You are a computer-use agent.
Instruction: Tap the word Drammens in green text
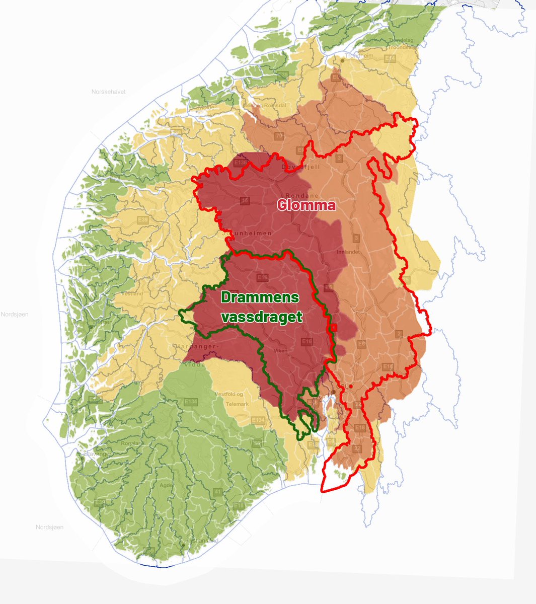260,297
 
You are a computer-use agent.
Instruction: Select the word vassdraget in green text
264,317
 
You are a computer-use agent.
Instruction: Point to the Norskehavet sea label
108,92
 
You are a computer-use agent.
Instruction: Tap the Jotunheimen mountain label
247,234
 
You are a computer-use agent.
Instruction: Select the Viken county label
280,350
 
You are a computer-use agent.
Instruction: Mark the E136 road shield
242,163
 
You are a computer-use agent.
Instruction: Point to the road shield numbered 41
217,491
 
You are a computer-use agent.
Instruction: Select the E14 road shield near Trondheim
389,59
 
